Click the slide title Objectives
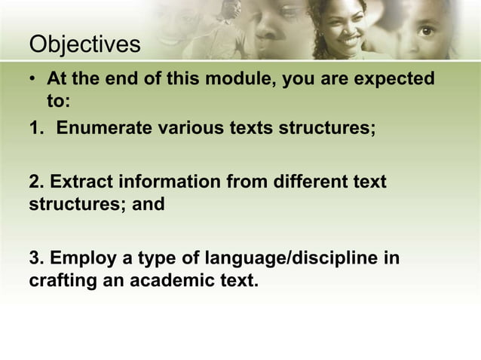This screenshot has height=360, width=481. (84, 44)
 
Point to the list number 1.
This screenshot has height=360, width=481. (35, 127)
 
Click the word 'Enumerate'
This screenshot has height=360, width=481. (104, 127)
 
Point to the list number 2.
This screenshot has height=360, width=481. (35, 182)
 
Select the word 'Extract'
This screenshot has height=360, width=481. (81, 182)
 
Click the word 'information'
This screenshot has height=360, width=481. (165, 182)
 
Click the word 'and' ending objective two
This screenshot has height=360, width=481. (149, 204)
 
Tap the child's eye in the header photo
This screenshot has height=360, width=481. (427, 31)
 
